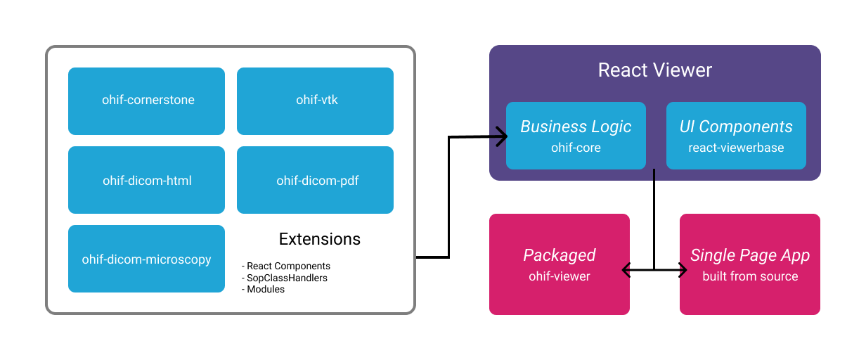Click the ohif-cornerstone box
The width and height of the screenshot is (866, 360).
point(147,101)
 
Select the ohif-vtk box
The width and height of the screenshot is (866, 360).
point(316,101)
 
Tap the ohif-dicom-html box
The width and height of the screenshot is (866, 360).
point(147,180)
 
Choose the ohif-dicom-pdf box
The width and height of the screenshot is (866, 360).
point(316,180)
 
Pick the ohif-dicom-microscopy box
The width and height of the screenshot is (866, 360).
point(147,259)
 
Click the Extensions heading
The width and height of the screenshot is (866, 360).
point(320,239)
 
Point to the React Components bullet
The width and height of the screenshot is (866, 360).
point(287,266)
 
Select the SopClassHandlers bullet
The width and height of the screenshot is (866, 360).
point(285,278)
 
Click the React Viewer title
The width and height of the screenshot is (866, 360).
point(654,70)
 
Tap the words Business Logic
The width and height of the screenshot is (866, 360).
point(576,127)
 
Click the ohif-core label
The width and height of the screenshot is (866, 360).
point(576,148)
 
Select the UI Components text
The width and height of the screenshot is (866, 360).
point(736,127)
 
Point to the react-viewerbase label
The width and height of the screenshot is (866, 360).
point(736,148)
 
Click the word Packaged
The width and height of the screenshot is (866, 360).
point(559,255)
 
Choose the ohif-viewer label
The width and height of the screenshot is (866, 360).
point(559,276)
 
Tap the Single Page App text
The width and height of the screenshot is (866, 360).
point(750,255)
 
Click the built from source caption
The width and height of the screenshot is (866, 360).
point(750,276)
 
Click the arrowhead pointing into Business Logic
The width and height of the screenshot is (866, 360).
point(501,136)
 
